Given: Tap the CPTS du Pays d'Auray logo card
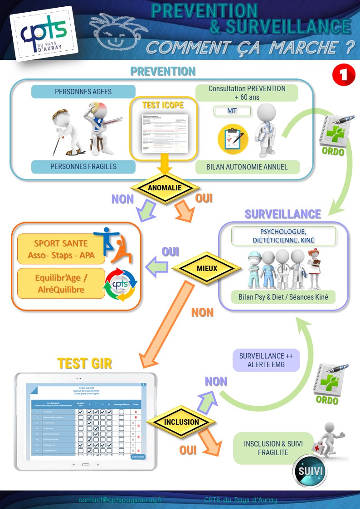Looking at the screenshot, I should [44, 33].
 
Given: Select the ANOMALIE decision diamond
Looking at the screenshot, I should [165, 188].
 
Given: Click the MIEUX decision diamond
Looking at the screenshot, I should [207, 268].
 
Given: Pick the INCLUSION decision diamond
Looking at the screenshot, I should [181, 422].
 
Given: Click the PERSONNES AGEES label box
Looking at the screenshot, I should [83, 92].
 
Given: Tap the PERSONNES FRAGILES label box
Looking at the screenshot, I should [83, 166].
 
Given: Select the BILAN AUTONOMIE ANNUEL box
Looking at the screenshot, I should [247, 167].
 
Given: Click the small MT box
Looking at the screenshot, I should [232, 111].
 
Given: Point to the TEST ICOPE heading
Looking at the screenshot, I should [163, 105].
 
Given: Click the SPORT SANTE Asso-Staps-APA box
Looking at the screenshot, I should [61, 250].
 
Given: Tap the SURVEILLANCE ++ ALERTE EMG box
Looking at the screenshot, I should [267, 360].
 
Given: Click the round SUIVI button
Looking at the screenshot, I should [311, 471].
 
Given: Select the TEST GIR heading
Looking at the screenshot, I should [85, 363].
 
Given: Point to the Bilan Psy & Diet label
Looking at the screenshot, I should [283, 297].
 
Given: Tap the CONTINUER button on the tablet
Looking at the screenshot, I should [138, 456].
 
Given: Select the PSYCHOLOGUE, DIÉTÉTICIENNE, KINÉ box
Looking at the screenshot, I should [284, 236].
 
